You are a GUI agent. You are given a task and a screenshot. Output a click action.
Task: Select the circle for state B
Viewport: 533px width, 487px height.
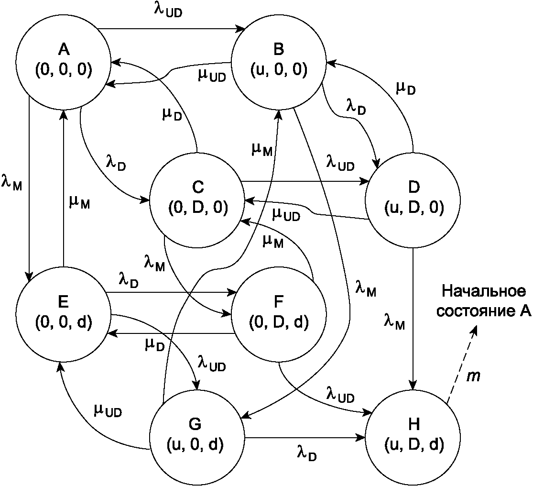click(x=279, y=60)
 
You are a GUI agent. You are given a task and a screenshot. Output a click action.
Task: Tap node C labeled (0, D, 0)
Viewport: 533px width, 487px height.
click(x=197, y=198)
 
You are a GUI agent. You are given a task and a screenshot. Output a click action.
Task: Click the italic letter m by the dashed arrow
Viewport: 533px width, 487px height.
click(x=473, y=376)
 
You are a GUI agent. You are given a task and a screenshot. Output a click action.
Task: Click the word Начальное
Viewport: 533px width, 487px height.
click(x=483, y=291)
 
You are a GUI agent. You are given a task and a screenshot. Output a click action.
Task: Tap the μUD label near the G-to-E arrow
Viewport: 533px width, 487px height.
click(x=108, y=410)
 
